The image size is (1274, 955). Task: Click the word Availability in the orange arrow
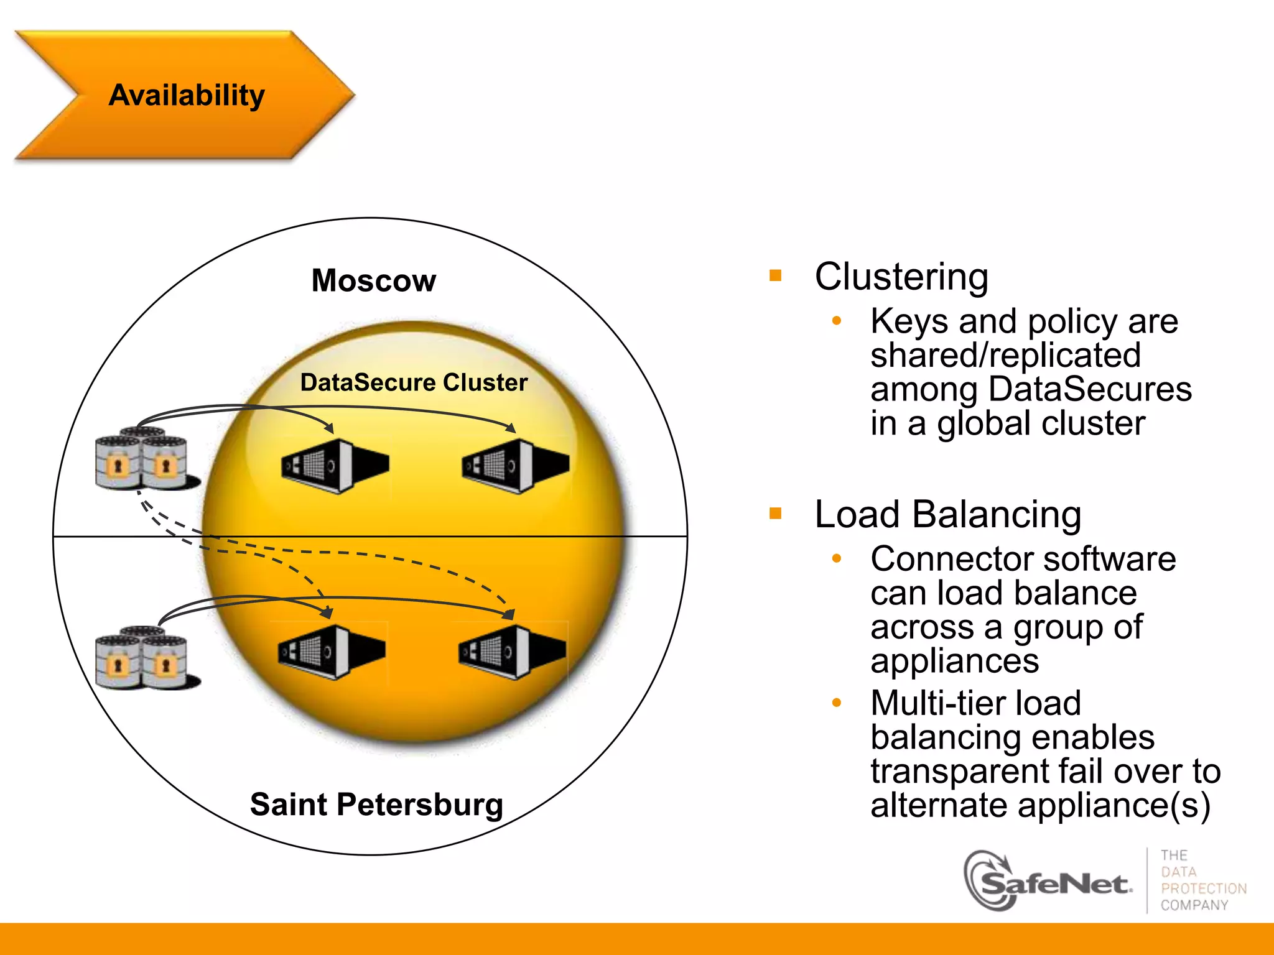click(x=187, y=95)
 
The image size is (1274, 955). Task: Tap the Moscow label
click(x=373, y=280)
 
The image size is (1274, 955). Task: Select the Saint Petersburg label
click(x=376, y=804)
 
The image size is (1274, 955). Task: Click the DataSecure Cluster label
click(x=414, y=382)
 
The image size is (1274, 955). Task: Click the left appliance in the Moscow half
click(x=335, y=466)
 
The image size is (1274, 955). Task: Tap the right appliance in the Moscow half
click(x=515, y=466)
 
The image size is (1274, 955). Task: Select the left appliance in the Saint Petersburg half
click(x=332, y=652)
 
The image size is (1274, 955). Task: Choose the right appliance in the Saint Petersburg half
click(x=512, y=652)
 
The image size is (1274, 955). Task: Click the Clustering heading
click(x=901, y=277)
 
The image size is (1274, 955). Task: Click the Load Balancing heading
click(x=947, y=515)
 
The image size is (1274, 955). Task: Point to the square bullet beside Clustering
click(x=775, y=275)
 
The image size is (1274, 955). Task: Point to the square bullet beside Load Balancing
click(x=775, y=514)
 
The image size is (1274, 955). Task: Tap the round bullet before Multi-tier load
click(x=837, y=703)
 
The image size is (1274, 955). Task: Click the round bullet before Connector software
click(x=837, y=559)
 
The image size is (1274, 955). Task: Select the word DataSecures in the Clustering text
click(x=1090, y=389)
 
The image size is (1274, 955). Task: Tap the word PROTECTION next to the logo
click(x=1204, y=888)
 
